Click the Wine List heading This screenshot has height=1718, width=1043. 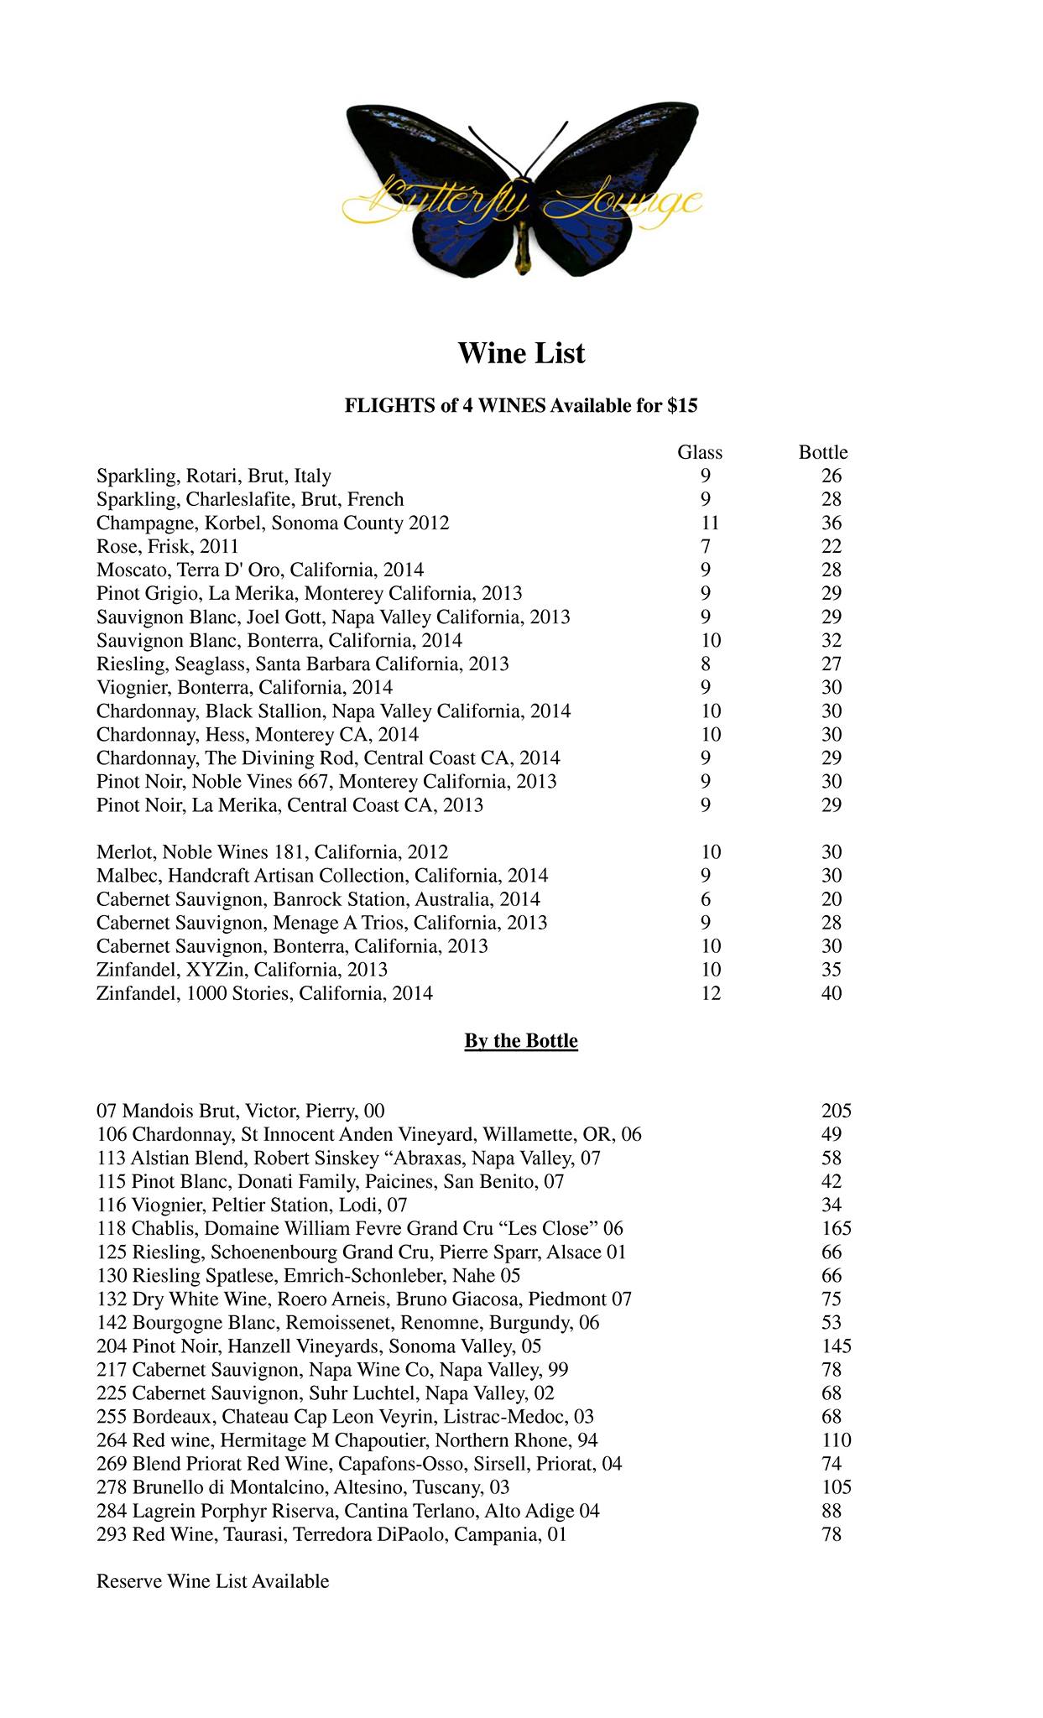521,353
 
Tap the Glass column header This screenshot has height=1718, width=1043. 700,452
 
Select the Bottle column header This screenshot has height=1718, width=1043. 823,452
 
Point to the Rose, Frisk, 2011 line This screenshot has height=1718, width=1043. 168,546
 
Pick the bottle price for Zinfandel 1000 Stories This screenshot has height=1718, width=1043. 832,993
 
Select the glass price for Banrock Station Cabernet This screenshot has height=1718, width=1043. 706,899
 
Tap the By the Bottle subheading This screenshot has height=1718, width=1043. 521,1041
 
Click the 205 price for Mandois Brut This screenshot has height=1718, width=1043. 837,1111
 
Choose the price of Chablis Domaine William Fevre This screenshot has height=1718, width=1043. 837,1229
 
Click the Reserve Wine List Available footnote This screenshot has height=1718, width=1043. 213,1581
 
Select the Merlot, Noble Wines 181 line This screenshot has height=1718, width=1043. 272,852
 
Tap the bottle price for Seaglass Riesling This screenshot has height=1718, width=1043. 832,664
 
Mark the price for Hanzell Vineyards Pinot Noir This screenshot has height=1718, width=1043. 837,1346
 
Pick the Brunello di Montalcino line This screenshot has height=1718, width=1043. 303,1487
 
